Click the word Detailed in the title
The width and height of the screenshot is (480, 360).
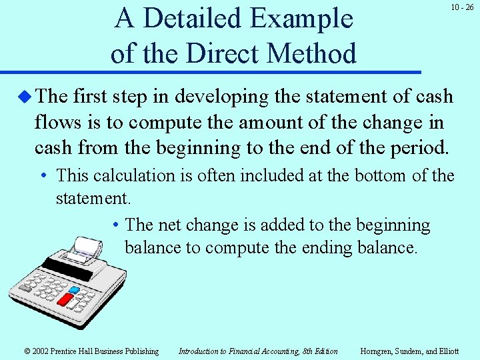click(193, 18)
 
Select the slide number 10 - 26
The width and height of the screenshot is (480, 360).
click(461, 7)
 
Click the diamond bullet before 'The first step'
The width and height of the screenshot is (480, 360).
click(25, 97)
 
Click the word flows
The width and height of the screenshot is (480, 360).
click(57, 122)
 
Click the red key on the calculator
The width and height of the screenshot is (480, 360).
click(65, 299)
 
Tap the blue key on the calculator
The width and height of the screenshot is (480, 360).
click(74, 291)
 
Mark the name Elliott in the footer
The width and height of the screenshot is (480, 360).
click(447, 351)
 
